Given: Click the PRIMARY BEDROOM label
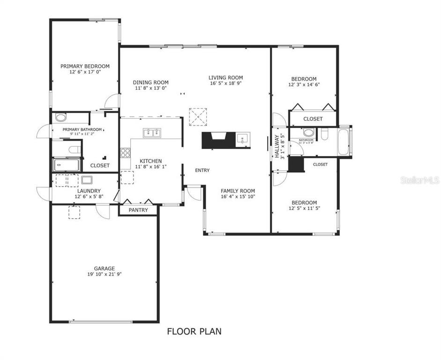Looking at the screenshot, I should pyautogui.click(x=85, y=66).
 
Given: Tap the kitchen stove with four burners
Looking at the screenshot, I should pyautogui.click(x=126, y=153).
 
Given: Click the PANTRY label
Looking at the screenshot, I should pyautogui.click(x=138, y=210).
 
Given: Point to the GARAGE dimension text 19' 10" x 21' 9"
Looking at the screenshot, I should pyautogui.click(x=104, y=275).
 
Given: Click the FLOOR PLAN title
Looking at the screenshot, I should pyautogui.click(x=194, y=331).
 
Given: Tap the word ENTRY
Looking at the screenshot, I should pyautogui.click(x=202, y=170).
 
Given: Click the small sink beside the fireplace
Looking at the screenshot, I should pyautogui.click(x=242, y=138).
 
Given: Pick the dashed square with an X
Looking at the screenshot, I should pyautogui.click(x=197, y=117).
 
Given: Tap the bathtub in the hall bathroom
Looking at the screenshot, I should pyautogui.click(x=344, y=142).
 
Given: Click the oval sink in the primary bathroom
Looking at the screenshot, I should pyautogui.click(x=61, y=118).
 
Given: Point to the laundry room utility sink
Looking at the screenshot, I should pyautogui.click(x=87, y=180).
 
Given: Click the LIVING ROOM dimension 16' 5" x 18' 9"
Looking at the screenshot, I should pyautogui.click(x=226, y=84).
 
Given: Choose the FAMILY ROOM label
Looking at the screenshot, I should pyautogui.click(x=238, y=191).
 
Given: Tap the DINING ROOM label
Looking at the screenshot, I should pyautogui.click(x=150, y=82).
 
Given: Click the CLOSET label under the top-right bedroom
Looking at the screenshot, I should pyautogui.click(x=313, y=119).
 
